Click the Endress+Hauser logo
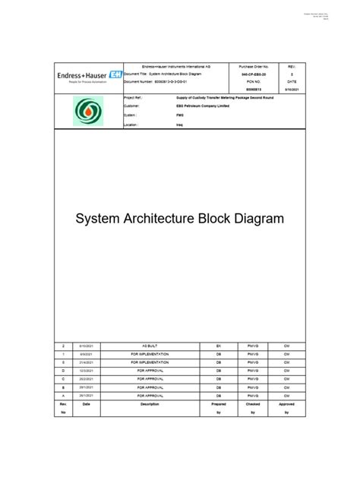[x=89, y=76]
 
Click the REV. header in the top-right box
[x=292, y=68]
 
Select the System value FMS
[x=180, y=115]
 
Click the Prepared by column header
[x=219, y=409]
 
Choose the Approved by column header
[x=286, y=409]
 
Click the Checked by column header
[x=252, y=409]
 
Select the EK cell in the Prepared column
[x=219, y=346]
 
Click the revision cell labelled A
[x=63, y=396]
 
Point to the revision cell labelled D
[x=63, y=371]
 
